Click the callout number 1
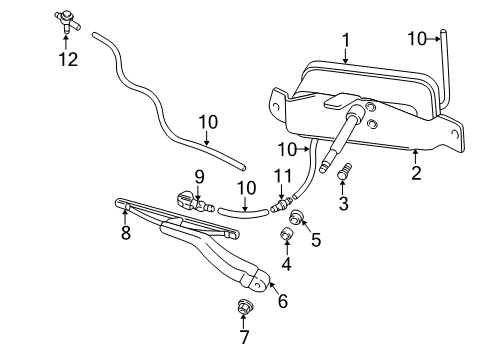pyautogui.click(x=345, y=40)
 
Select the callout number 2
pyautogui.click(x=416, y=172)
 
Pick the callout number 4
pyautogui.click(x=287, y=265)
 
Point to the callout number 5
pyautogui.click(x=316, y=240)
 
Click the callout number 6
pyautogui.click(x=282, y=300)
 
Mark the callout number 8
pyautogui.click(x=126, y=235)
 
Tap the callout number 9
pyautogui.click(x=199, y=177)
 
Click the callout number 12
pyautogui.click(x=67, y=59)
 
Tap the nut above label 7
pyautogui.click(x=245, y=307)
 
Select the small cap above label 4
pyautogui.click(x=286, y=236)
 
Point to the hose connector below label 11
pyautogui.click(x=279, y=207)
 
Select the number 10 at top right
pyautogui.click(x=418, y=39)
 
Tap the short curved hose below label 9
pyautogui.click(x=240, y=211)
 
